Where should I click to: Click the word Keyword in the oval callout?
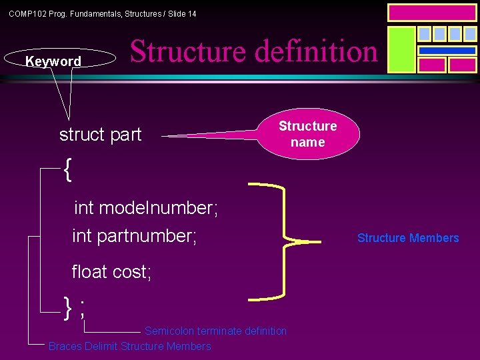coord(53,61)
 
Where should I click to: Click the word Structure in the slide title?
coord(187,51)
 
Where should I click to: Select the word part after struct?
coord(126,135)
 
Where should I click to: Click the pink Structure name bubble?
coord(307,134)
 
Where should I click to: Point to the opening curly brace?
coord(67,170)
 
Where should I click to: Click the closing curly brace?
coord(67,306)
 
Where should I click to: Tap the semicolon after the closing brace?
coord(82,308)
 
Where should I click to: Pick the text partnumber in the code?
coord(147,236)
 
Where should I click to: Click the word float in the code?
coord(89,271)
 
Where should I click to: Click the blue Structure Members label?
coord(408,238)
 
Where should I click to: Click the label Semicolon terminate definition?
coord(215,331)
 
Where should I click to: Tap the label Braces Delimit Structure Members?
coord(129,347)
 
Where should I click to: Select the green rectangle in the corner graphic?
coord(401,49)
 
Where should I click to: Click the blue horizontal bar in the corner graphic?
coord(447,50)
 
